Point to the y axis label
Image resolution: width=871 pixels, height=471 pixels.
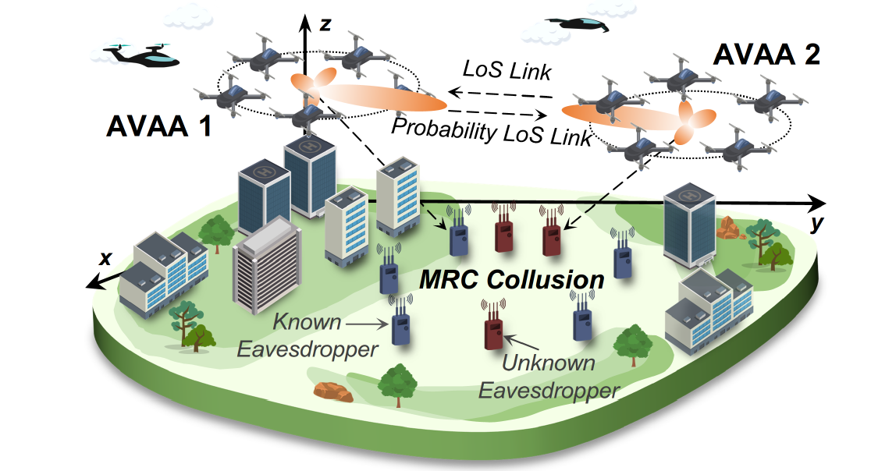click(x=817, y=225)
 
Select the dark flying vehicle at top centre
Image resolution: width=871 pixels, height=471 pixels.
click(x=577, y=24)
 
